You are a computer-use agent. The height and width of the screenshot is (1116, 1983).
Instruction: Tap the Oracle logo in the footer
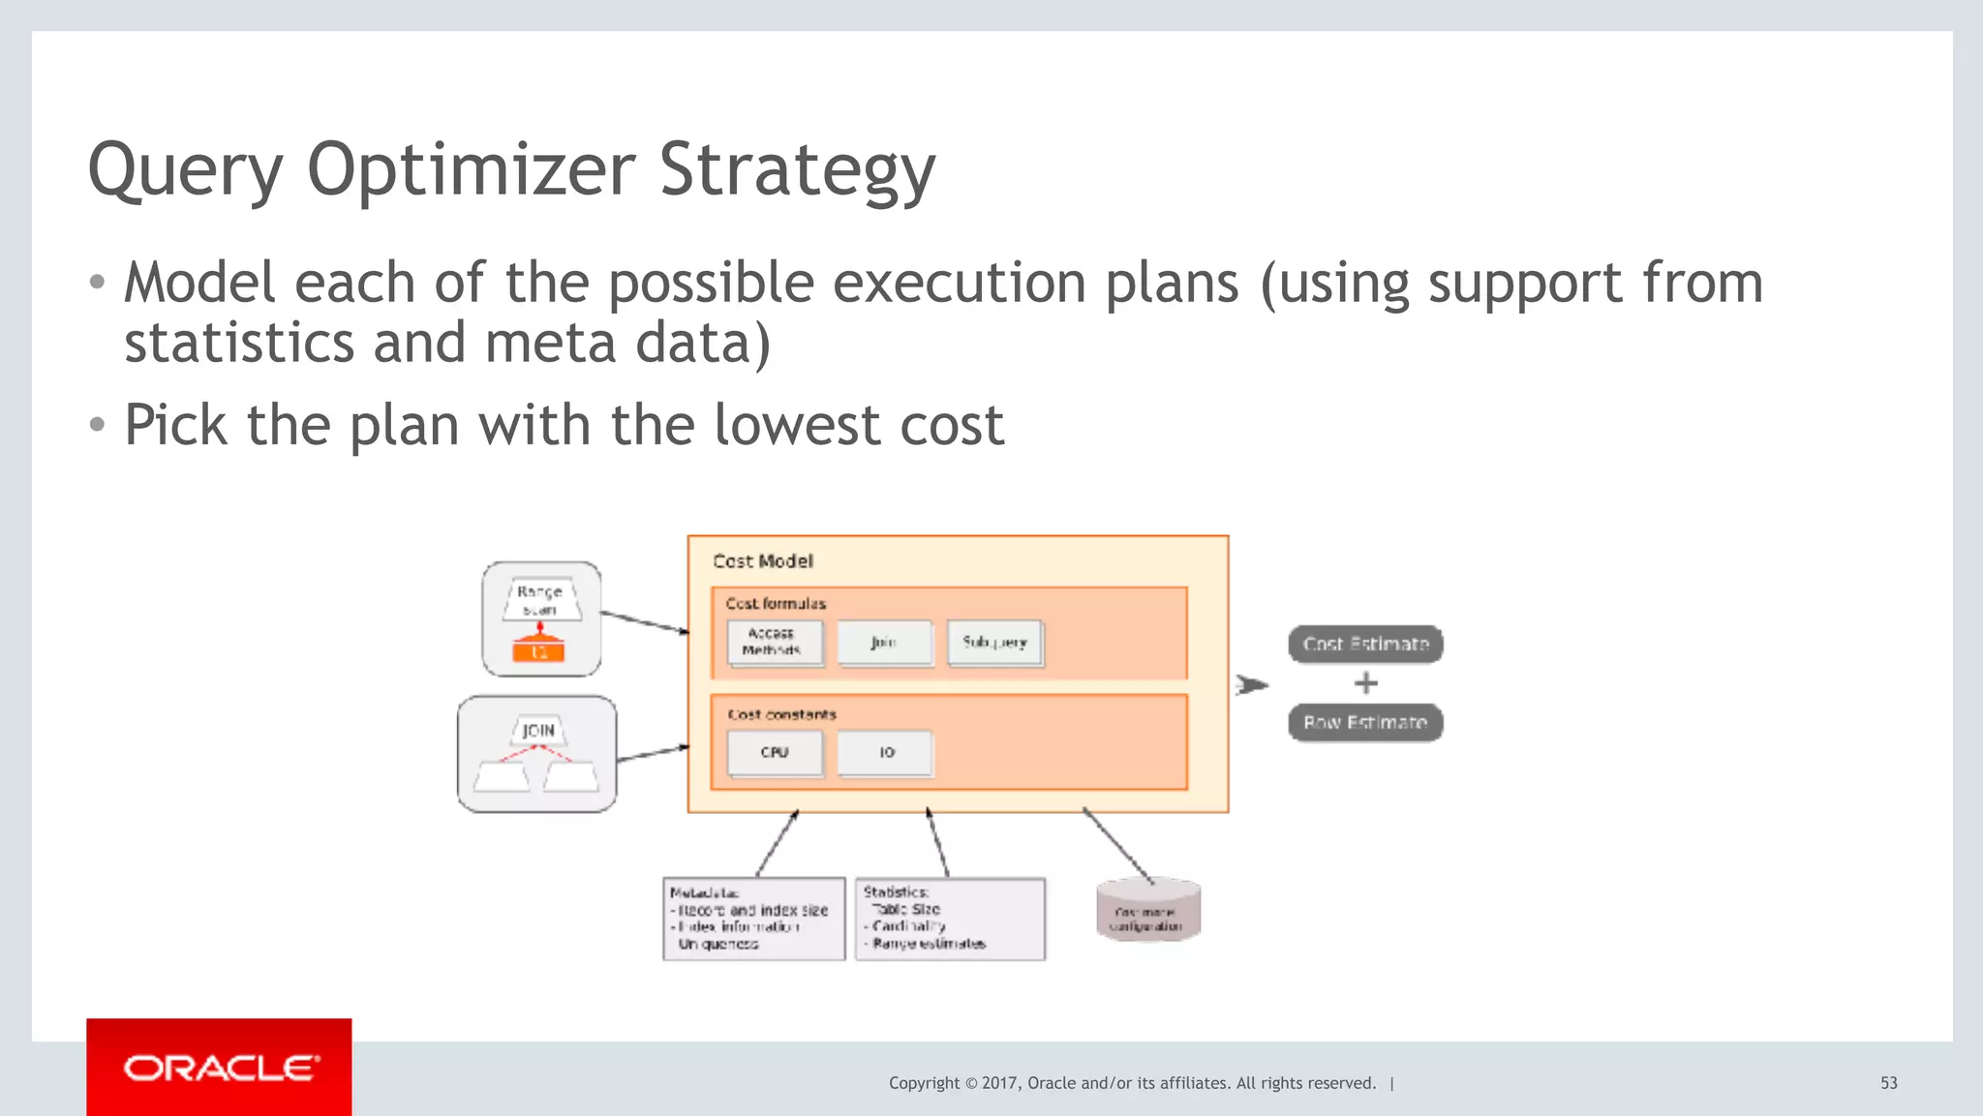(x=220, y=1069)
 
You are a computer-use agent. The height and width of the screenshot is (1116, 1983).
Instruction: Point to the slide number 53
(x=1888, y=1083)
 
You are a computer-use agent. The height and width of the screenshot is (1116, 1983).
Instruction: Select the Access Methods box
(x=775, y=643)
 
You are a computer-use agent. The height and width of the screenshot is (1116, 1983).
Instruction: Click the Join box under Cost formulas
(x=884, y=643)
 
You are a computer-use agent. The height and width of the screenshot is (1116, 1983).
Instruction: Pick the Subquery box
(x=994, y=643)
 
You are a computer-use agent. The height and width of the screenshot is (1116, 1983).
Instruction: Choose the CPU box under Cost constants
(x=775, y=753)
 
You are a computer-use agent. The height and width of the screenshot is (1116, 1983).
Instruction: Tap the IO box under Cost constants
(x=886, y=753)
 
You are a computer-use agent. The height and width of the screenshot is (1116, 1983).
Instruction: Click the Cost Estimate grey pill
(x=1365, y=645)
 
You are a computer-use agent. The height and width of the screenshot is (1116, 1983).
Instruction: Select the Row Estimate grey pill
(x=1365, y=723)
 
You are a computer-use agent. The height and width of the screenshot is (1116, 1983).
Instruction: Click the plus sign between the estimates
(x=1365, y=683)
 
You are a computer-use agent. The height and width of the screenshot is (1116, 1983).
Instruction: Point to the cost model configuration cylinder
(x=1147, y=911)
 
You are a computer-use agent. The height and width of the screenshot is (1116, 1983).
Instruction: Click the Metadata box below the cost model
(x=753, y=919)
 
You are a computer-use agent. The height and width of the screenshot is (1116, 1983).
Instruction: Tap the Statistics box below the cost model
(x=950, y=919)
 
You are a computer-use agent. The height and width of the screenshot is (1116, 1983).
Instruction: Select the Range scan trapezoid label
(x=540, y=600)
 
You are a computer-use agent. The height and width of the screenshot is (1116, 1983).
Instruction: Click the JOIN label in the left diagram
(x=538, y=731)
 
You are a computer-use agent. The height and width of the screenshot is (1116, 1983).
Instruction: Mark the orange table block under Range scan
(x=539, y=652)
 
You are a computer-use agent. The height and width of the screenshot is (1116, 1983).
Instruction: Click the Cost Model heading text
(x=763, y=561)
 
